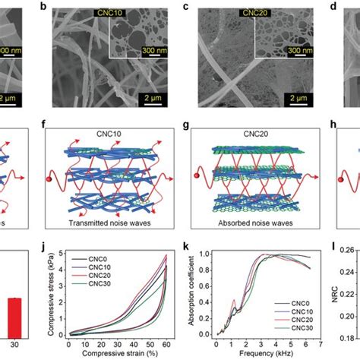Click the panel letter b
coord(55,7)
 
